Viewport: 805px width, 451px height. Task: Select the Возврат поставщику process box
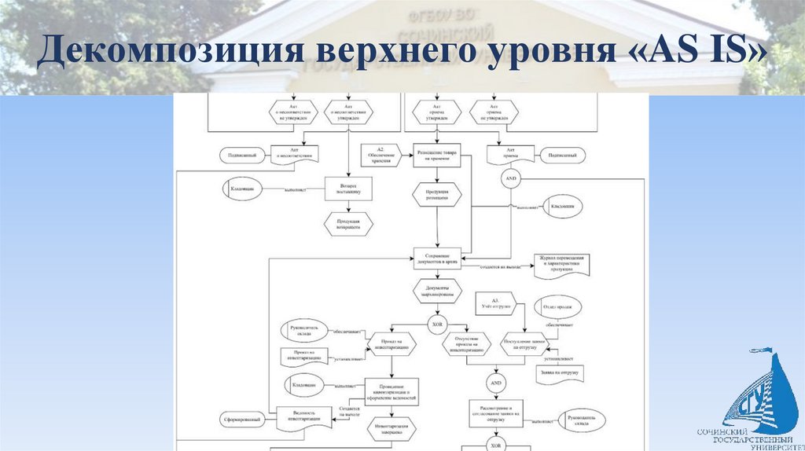click(348, 189)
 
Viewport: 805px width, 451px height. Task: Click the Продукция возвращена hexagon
click(348, 224)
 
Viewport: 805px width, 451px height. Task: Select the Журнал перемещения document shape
click(562, 265)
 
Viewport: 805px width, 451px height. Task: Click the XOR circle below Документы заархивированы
click(439, 324)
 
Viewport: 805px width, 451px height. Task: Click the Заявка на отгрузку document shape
click(559, 372)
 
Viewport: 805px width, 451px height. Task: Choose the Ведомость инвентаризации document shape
click(303, 418)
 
